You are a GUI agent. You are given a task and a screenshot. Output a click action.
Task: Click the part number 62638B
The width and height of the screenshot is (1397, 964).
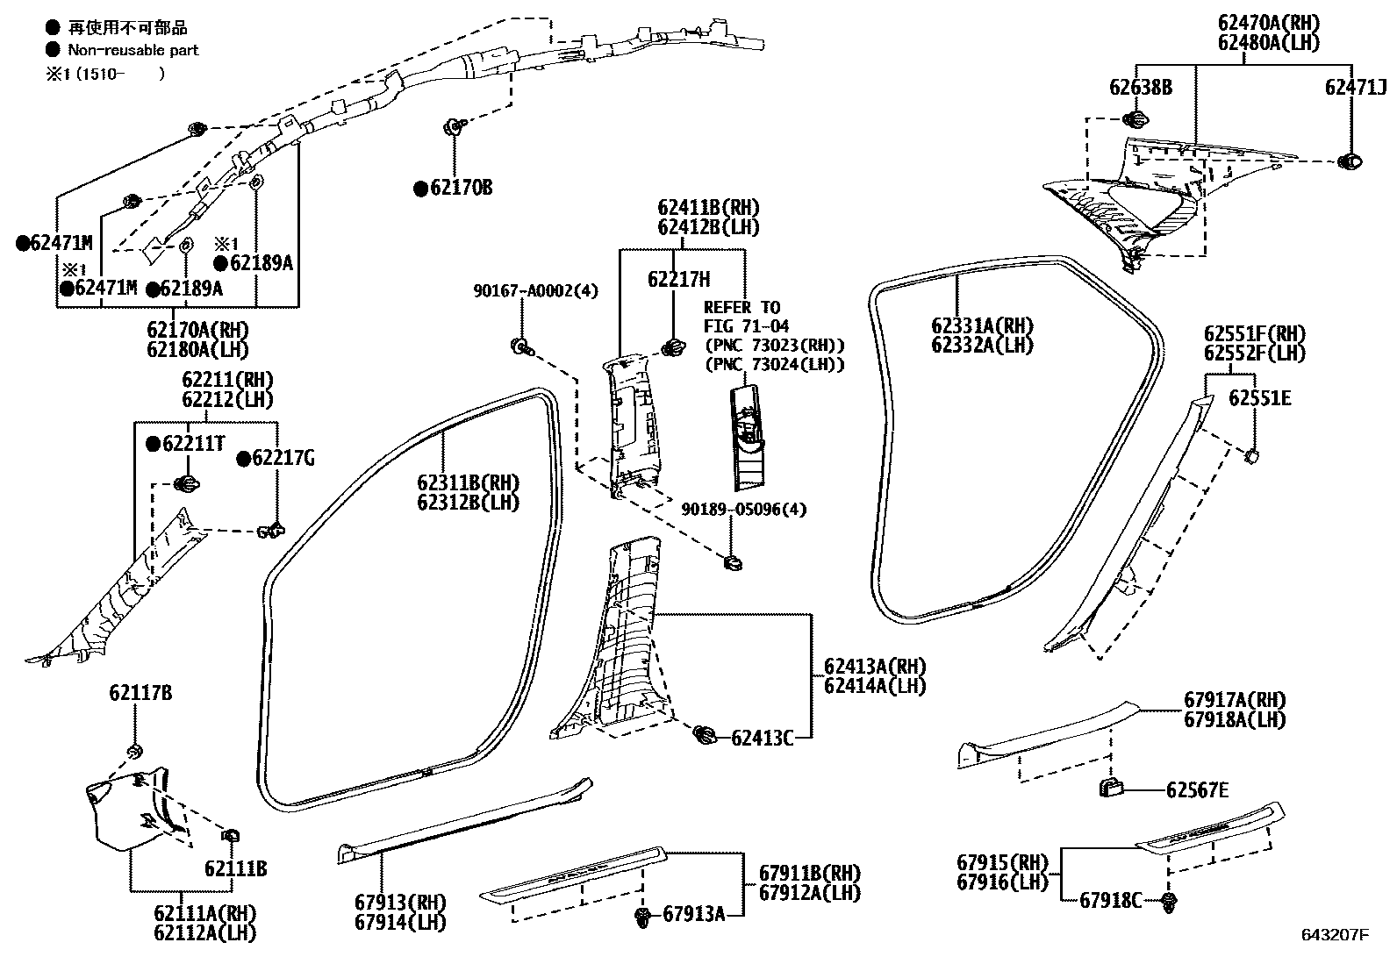1140,87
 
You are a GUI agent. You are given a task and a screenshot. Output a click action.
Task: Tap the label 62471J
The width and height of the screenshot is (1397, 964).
1356,87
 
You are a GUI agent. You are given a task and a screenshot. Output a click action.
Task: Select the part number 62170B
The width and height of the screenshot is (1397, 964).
460,188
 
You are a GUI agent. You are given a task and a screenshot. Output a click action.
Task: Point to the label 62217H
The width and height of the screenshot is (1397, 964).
678,280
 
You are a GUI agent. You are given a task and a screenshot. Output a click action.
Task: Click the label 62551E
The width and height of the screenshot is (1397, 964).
1259,398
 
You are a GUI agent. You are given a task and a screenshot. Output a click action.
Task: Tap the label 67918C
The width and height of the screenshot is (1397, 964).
1110,900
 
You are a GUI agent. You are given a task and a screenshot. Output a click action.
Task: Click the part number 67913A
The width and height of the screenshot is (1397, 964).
693,914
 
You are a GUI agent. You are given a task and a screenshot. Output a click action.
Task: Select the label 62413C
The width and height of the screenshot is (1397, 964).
762,738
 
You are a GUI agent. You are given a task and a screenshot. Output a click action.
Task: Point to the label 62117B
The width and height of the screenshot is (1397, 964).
140,693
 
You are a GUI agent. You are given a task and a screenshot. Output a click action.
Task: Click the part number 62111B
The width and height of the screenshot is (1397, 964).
235,868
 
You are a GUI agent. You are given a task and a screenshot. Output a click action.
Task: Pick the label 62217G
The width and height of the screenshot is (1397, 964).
283,458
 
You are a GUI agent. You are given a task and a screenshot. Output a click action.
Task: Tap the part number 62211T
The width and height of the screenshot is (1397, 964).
192,444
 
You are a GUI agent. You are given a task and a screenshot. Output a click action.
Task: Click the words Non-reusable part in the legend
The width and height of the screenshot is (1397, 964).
133,50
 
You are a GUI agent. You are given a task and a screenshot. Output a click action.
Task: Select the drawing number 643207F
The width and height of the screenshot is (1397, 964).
1334,934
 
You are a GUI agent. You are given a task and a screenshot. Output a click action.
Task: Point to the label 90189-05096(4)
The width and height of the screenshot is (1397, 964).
744,509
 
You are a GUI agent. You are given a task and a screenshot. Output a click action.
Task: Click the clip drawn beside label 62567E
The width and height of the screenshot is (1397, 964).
1113,787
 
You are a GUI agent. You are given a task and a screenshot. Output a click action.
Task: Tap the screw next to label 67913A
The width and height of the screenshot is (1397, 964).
642,918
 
